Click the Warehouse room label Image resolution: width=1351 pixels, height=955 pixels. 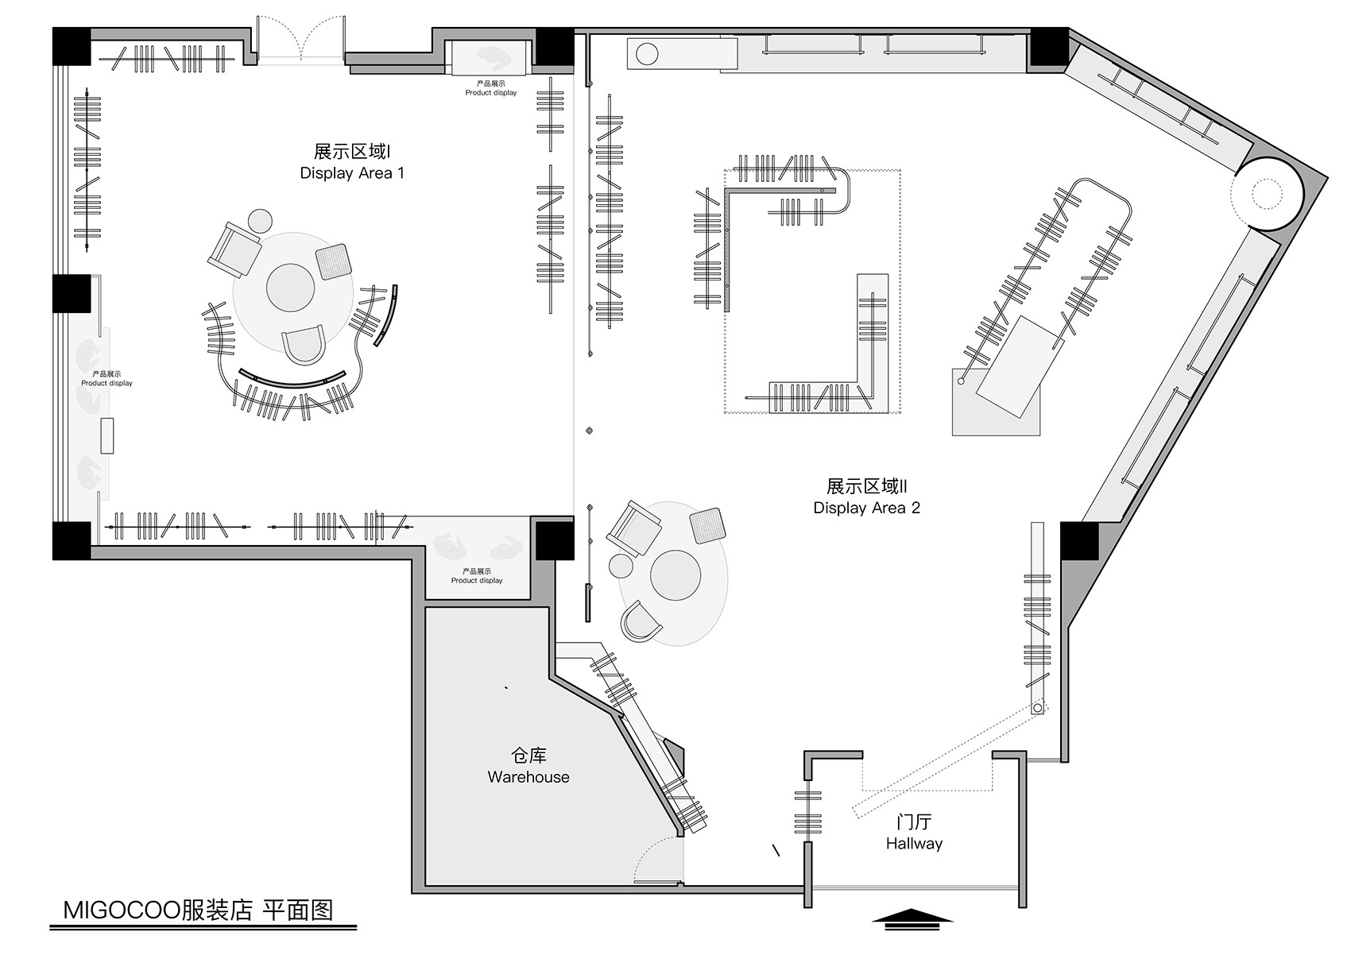(528, 767)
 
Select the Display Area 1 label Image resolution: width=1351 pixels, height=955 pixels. (352, 162)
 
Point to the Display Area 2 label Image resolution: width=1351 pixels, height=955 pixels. (866, 497)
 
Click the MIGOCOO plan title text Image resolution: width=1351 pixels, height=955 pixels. (198, 910)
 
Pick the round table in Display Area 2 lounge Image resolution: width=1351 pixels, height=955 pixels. (675, 574)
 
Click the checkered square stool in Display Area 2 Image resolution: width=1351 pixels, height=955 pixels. (706, 525)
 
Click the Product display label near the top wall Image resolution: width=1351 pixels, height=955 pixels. (491, 88)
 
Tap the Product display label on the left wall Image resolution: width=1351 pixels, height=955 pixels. (106, 378)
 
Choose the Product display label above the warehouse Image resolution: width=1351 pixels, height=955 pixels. (477, 576)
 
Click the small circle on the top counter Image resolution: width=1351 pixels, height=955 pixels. (648, 54)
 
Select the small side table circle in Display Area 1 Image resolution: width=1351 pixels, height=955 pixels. (261, 220)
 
